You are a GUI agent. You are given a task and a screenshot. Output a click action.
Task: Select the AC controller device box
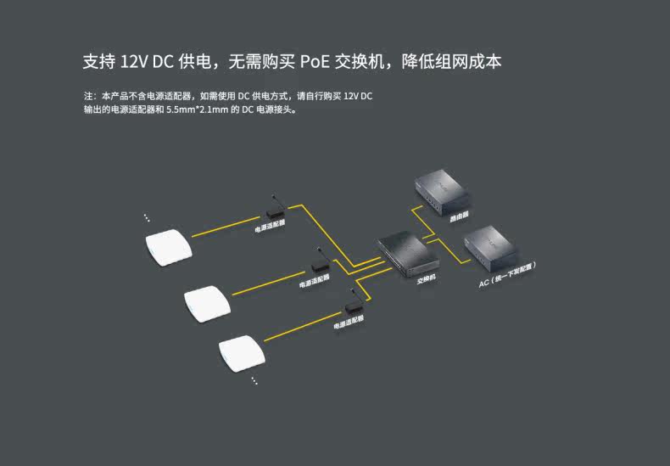click(x=490, y=248)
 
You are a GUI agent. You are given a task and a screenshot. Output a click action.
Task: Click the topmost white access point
click(x=169, y=248)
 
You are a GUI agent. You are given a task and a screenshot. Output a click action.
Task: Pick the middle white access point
click(x=207, y=304)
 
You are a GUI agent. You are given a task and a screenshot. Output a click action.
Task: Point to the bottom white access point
click(x=242, y=354)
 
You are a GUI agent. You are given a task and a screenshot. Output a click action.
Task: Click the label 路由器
click(x=459, y=217)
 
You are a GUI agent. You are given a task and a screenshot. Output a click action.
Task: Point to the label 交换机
click(x=427, y=279)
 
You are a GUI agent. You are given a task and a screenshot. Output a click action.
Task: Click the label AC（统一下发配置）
click(x=507, y=275)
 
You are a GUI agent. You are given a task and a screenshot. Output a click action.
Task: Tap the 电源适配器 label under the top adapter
click(x=270, y=226)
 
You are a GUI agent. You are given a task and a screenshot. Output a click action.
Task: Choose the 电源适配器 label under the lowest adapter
click(x=349, y=322)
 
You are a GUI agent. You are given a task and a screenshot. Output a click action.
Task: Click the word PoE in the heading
click(x=315, y=62)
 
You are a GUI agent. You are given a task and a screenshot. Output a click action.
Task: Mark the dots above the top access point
click(x=147, y=217)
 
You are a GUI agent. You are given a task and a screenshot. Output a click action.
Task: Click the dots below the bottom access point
click(x=254, y=380)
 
